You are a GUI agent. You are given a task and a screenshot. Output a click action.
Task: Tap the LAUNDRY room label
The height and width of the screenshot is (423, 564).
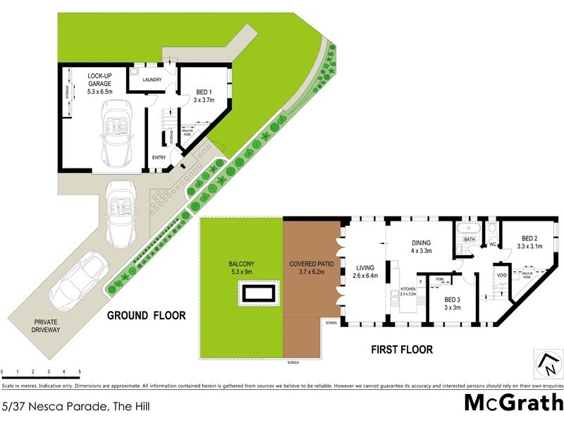coord(152,80)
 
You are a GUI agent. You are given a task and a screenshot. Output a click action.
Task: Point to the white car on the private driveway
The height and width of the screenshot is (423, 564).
coord(78,279)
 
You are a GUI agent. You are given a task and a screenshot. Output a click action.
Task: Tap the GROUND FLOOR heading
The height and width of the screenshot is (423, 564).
coord(146,316)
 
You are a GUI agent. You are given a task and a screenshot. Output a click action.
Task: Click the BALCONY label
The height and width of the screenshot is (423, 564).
coord(242,268)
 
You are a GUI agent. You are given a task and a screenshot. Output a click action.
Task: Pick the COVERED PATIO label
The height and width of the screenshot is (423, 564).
coord(311,268)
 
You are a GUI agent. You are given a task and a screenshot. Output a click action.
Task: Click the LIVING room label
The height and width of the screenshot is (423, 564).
coord(367,271)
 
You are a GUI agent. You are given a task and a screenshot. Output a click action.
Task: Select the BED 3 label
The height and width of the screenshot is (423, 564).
coord(452,302)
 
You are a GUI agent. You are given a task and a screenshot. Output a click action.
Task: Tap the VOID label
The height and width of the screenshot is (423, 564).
coord(502,276)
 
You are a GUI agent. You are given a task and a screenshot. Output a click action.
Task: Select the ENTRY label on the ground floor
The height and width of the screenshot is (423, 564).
coord(159,157)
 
